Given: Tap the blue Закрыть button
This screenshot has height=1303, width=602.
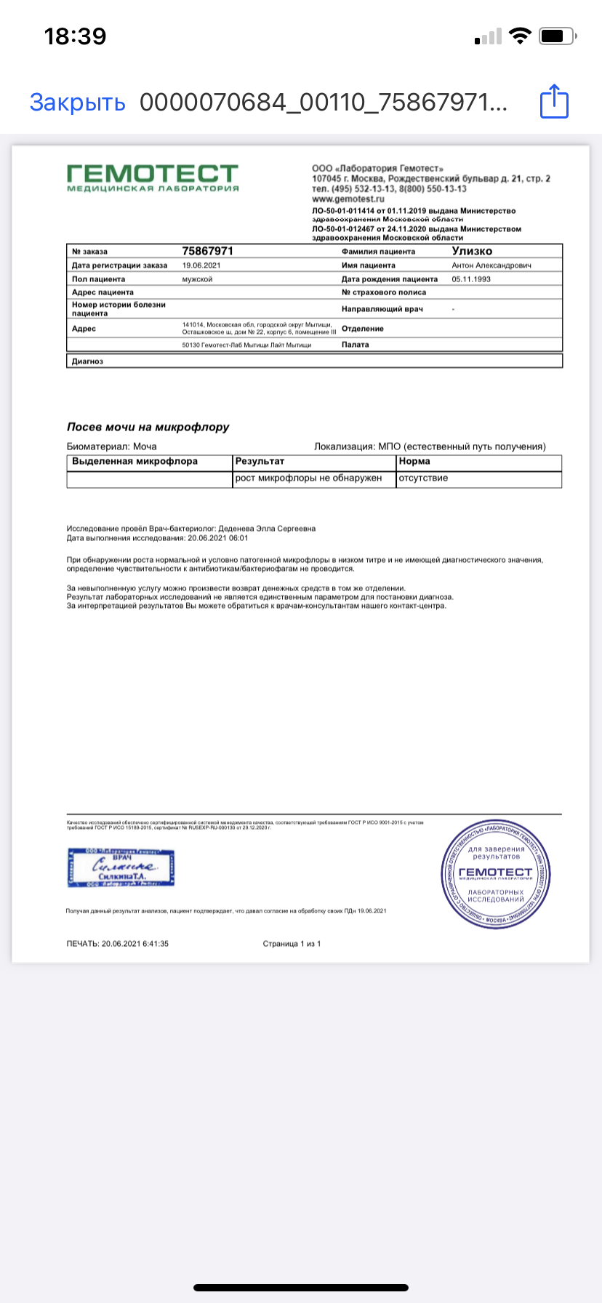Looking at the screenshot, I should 77,102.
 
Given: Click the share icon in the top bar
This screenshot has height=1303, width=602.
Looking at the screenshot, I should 554,101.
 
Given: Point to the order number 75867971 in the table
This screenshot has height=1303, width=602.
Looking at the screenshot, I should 207,251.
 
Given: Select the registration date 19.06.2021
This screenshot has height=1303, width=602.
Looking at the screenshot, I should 201,265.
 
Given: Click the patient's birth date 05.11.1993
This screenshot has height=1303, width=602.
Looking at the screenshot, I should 471,279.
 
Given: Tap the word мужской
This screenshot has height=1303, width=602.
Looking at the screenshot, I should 197,279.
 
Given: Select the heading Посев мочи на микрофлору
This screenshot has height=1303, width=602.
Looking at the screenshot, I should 148,427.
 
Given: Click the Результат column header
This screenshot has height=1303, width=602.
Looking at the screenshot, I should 260,461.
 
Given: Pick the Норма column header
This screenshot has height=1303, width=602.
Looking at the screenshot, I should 414,461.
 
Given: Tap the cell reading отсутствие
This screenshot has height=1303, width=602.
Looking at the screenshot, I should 423,478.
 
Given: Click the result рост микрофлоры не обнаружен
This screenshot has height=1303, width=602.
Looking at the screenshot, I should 308,478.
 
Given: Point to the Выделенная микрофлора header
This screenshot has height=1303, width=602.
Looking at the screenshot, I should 135,461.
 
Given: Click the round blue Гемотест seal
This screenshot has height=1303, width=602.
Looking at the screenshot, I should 495,874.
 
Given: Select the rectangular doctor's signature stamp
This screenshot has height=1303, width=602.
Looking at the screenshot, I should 121,867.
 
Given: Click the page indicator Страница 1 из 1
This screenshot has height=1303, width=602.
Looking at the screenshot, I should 292,944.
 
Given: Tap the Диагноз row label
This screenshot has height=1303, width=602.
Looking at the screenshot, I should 87,361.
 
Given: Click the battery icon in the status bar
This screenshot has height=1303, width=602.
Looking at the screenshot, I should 558,36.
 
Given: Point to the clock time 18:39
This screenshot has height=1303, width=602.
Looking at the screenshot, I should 75,36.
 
